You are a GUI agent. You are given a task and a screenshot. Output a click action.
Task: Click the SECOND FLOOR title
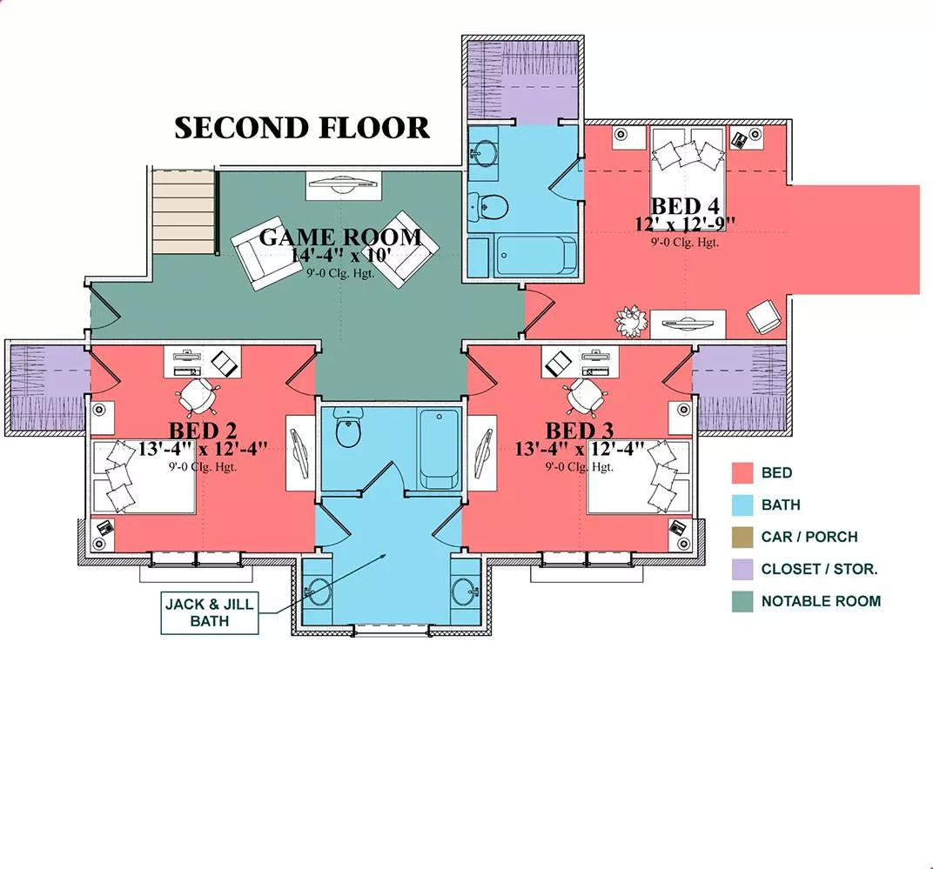tap(302, 128)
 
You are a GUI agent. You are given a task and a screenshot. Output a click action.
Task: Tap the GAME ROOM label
tap(340, 237)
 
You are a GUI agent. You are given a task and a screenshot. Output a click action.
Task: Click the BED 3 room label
tap(581, 431)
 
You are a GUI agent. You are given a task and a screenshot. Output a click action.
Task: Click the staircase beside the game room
tap(183, 211)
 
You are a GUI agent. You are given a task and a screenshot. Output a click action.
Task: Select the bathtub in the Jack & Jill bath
tap(439, 448)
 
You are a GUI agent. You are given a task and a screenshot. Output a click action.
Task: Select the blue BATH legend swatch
tap(742, 505)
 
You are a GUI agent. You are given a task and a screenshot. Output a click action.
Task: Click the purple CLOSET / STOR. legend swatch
tap(742, 569)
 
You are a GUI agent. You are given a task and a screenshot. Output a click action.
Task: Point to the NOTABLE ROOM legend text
tap(821, 601)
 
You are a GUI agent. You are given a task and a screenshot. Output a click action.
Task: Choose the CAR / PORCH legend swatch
tap(742, 537)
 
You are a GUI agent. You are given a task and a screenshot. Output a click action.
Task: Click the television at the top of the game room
tap(340, 184)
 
